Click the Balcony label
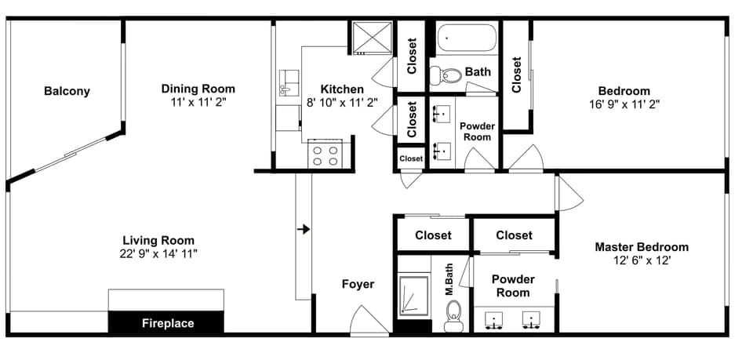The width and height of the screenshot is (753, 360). [x=67, y=91]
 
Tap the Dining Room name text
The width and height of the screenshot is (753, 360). [x=198, y=89]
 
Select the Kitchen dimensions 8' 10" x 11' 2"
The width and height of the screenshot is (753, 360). [x=342, y=102]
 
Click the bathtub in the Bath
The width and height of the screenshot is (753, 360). [x=467, y=37]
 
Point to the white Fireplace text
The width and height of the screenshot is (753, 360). [x=168, y=323]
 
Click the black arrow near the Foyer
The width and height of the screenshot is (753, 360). [x=304, y=229]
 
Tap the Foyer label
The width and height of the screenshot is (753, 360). [x=358, y=284]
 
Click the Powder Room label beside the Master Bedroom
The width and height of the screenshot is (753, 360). [x=513, y=285]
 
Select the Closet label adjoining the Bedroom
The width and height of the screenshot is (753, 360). [x=517, y=75]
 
